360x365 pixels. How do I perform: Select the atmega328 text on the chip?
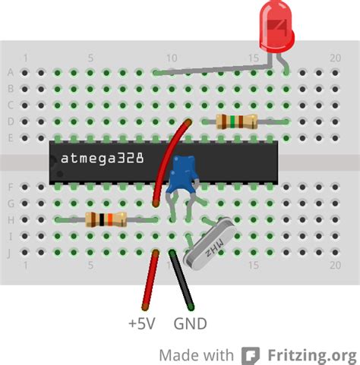coord(103,160)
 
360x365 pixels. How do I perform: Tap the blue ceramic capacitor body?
coord(184,174)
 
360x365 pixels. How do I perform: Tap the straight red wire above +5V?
coord(152,282)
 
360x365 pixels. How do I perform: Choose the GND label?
coord(191,324)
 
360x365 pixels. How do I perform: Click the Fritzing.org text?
coord(311,354)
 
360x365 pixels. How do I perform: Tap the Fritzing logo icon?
coord(251,355)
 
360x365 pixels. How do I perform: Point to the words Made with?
coord(196,354)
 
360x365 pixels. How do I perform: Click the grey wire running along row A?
coord(213,73)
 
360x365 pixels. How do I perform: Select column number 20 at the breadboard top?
coord(335,58)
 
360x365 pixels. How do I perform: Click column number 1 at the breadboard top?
coord(26,58)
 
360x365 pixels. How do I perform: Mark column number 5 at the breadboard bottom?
coord(90,266)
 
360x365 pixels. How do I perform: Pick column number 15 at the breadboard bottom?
coord(254,266)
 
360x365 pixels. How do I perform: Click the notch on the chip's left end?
coord(52,161)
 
